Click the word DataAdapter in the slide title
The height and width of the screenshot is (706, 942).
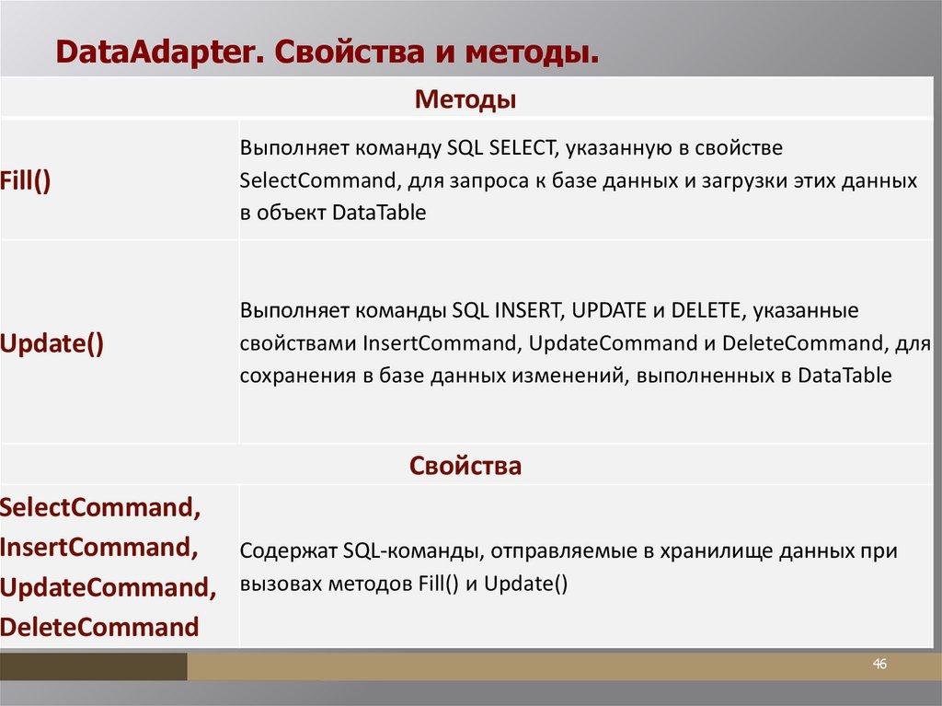[x=155, y=52]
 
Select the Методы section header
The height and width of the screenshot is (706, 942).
[x=465, y=99]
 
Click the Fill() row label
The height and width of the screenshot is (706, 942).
[x=25, y=180]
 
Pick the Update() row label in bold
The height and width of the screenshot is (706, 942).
[x=52, y=344]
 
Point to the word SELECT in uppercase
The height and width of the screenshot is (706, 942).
[x=522, y=148]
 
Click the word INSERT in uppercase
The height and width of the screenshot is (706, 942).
[x=527, y=310]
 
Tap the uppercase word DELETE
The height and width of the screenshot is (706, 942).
[x=705, y=310]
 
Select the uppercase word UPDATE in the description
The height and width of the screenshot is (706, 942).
[x=609, y=310]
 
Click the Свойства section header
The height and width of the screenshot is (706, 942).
[x=465, y=466]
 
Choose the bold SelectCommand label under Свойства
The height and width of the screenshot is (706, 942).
[x=99, y=507]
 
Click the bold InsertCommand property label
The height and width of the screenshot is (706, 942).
[x=98, y=548]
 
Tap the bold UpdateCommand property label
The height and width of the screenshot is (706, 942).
[x=108, y=587]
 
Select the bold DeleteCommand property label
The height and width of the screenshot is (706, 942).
[x=99, y=627]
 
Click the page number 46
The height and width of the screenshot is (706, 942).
[x=879, y=664]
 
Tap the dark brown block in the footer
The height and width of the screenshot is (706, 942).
[x=93, y=667]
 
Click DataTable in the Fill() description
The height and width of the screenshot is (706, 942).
[x=378, y=213]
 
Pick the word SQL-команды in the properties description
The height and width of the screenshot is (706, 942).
[x=413, y=550]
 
